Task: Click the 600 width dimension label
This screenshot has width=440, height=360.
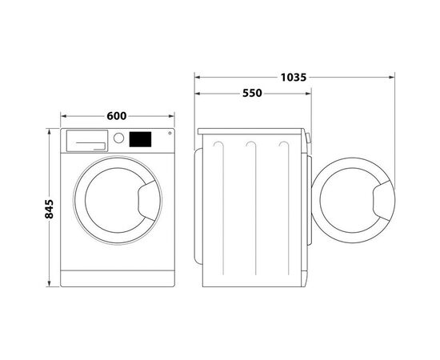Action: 118,116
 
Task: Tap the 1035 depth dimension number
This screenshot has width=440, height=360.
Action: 294,78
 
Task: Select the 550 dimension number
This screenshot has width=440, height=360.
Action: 252,93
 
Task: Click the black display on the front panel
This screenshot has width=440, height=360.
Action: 141,138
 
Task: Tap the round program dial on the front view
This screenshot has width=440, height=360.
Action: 119,138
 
